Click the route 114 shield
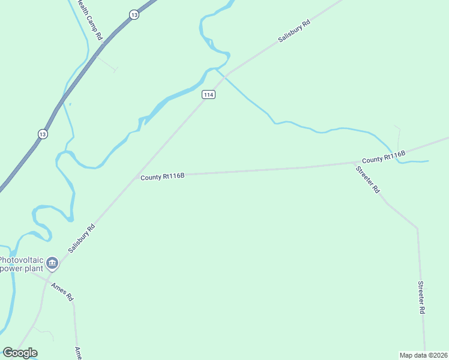click(208, 95)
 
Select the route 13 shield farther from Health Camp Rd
click(42, 134)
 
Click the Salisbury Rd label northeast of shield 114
click(294, 31)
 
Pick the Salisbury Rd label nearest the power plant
click(82, 238)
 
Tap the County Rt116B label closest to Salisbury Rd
click(162, 176)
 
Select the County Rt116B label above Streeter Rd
click(384, 158)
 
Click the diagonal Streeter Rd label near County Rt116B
click(368, 179)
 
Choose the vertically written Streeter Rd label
click(421, 298)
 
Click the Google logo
click(20, 353)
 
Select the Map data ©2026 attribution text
click(424, 355)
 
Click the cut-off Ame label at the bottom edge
click(78, 353)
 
